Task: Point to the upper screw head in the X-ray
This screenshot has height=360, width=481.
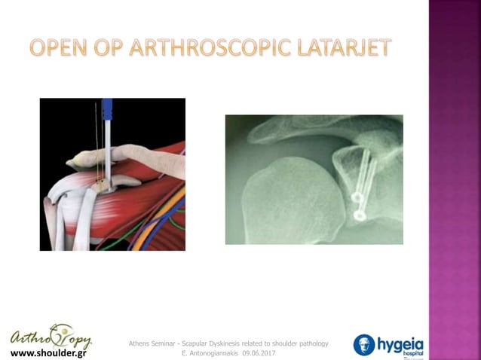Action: [357, 198]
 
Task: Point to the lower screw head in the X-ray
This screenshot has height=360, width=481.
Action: [359, 216]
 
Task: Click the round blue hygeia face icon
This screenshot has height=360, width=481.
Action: [365, 345]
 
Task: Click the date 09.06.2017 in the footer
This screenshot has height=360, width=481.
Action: [253, 352]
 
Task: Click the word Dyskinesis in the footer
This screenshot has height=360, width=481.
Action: [215, 343]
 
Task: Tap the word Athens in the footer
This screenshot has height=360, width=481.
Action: [142, 343]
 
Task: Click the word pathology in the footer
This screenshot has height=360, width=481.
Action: [311, 343]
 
